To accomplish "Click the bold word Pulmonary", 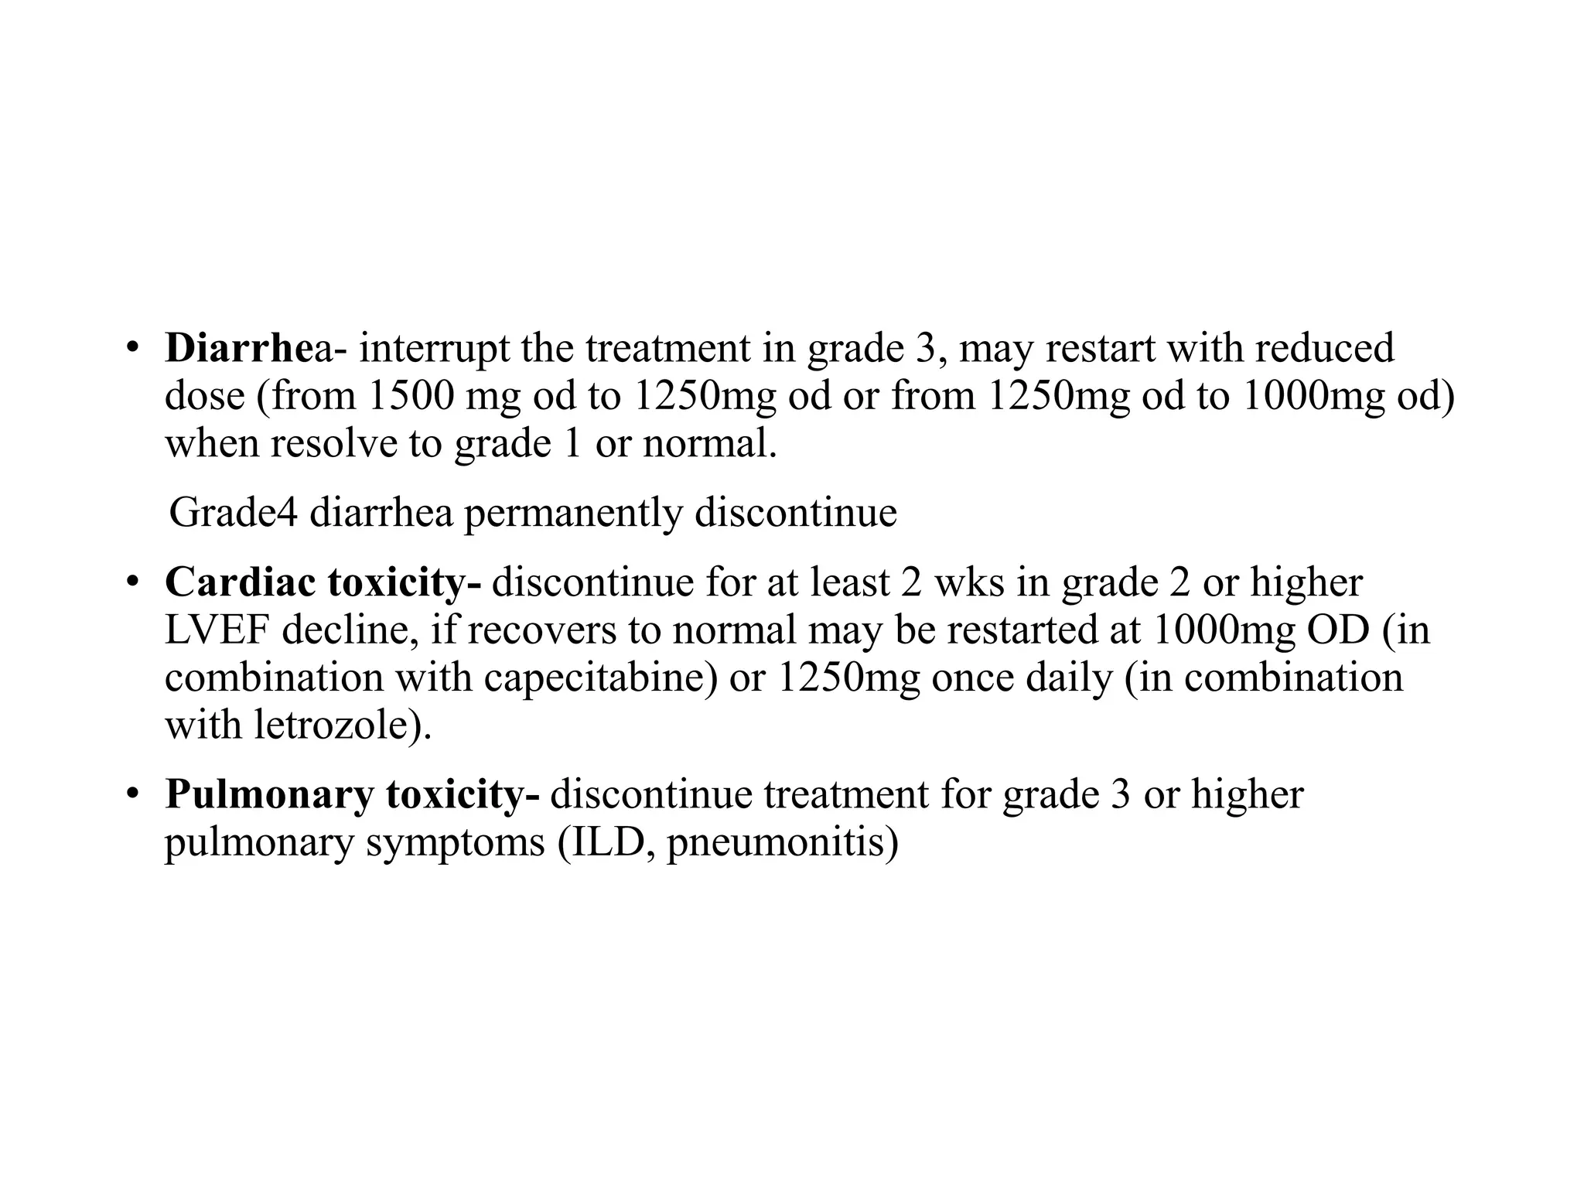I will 268,795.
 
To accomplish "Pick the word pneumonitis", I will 782,843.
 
